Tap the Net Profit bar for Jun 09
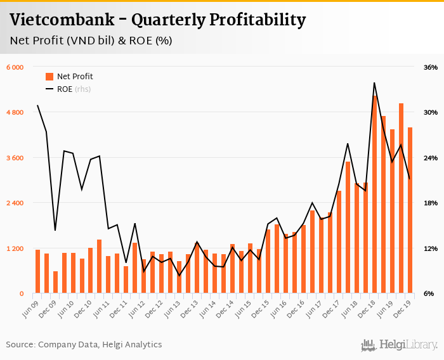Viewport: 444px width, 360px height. (x=37, y=272)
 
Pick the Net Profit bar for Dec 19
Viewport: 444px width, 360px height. (x=410, y=210)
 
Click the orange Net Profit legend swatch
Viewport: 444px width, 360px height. (x=49, y=77)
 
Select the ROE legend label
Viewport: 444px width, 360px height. (x=65, y=89)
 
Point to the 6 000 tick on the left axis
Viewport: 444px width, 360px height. (x=15, y=67)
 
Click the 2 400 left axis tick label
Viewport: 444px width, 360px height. (x=15, y=203)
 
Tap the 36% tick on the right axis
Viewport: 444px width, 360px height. (x=430, y=67)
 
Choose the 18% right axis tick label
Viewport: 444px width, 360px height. (x=430, y=203)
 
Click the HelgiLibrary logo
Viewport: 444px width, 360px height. (x=399, y=345)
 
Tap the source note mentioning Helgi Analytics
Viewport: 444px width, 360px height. (x=84, y=345)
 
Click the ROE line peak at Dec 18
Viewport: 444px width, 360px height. (x=375, y=83)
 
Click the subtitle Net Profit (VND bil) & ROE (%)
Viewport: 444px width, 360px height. (x=91, y=41)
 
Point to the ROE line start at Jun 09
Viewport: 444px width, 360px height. (x=37, y=105)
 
